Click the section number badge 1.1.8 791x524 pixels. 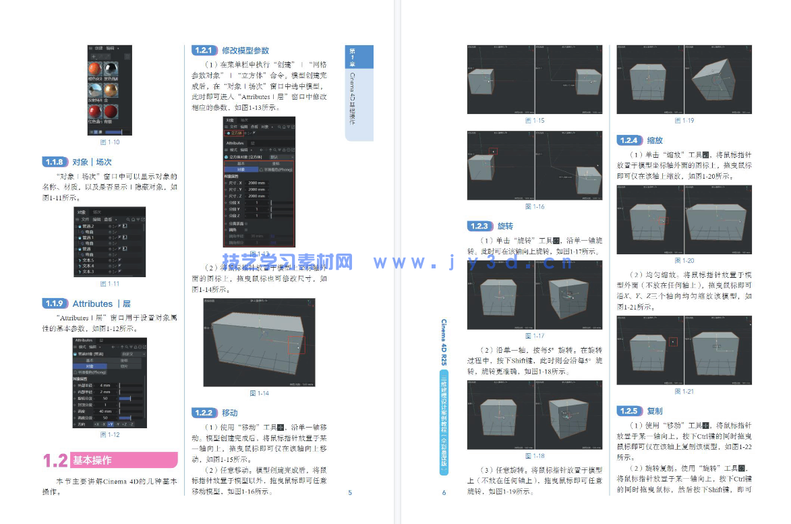tap(55, 163)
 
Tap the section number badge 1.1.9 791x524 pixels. tap(55, 303)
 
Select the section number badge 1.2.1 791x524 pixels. tap(203, 51)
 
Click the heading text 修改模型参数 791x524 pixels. tap(245, 51)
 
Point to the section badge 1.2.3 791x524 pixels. tap(480, 227)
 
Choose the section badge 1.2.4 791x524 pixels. tap(629, 140)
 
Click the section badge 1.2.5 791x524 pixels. tap(629, 411)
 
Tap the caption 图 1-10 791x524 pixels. tap(109, 142)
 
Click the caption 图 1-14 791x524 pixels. tap(259, 393)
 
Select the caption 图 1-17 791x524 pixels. tap(534, 336)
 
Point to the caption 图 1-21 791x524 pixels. tap(684, 391)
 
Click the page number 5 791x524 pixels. tap(350, 493)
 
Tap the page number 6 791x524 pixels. tap(444, 493)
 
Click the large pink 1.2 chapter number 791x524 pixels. tap(55, 461)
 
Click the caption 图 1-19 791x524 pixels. tap(684, 121)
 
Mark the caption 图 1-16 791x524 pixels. tap(534, 206)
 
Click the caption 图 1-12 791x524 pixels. tap(109, 434)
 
